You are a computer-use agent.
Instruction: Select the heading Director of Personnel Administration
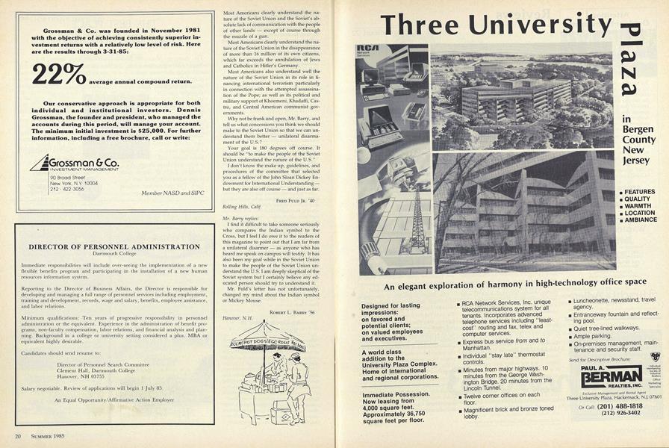113,246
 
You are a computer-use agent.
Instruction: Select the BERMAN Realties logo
611,378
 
